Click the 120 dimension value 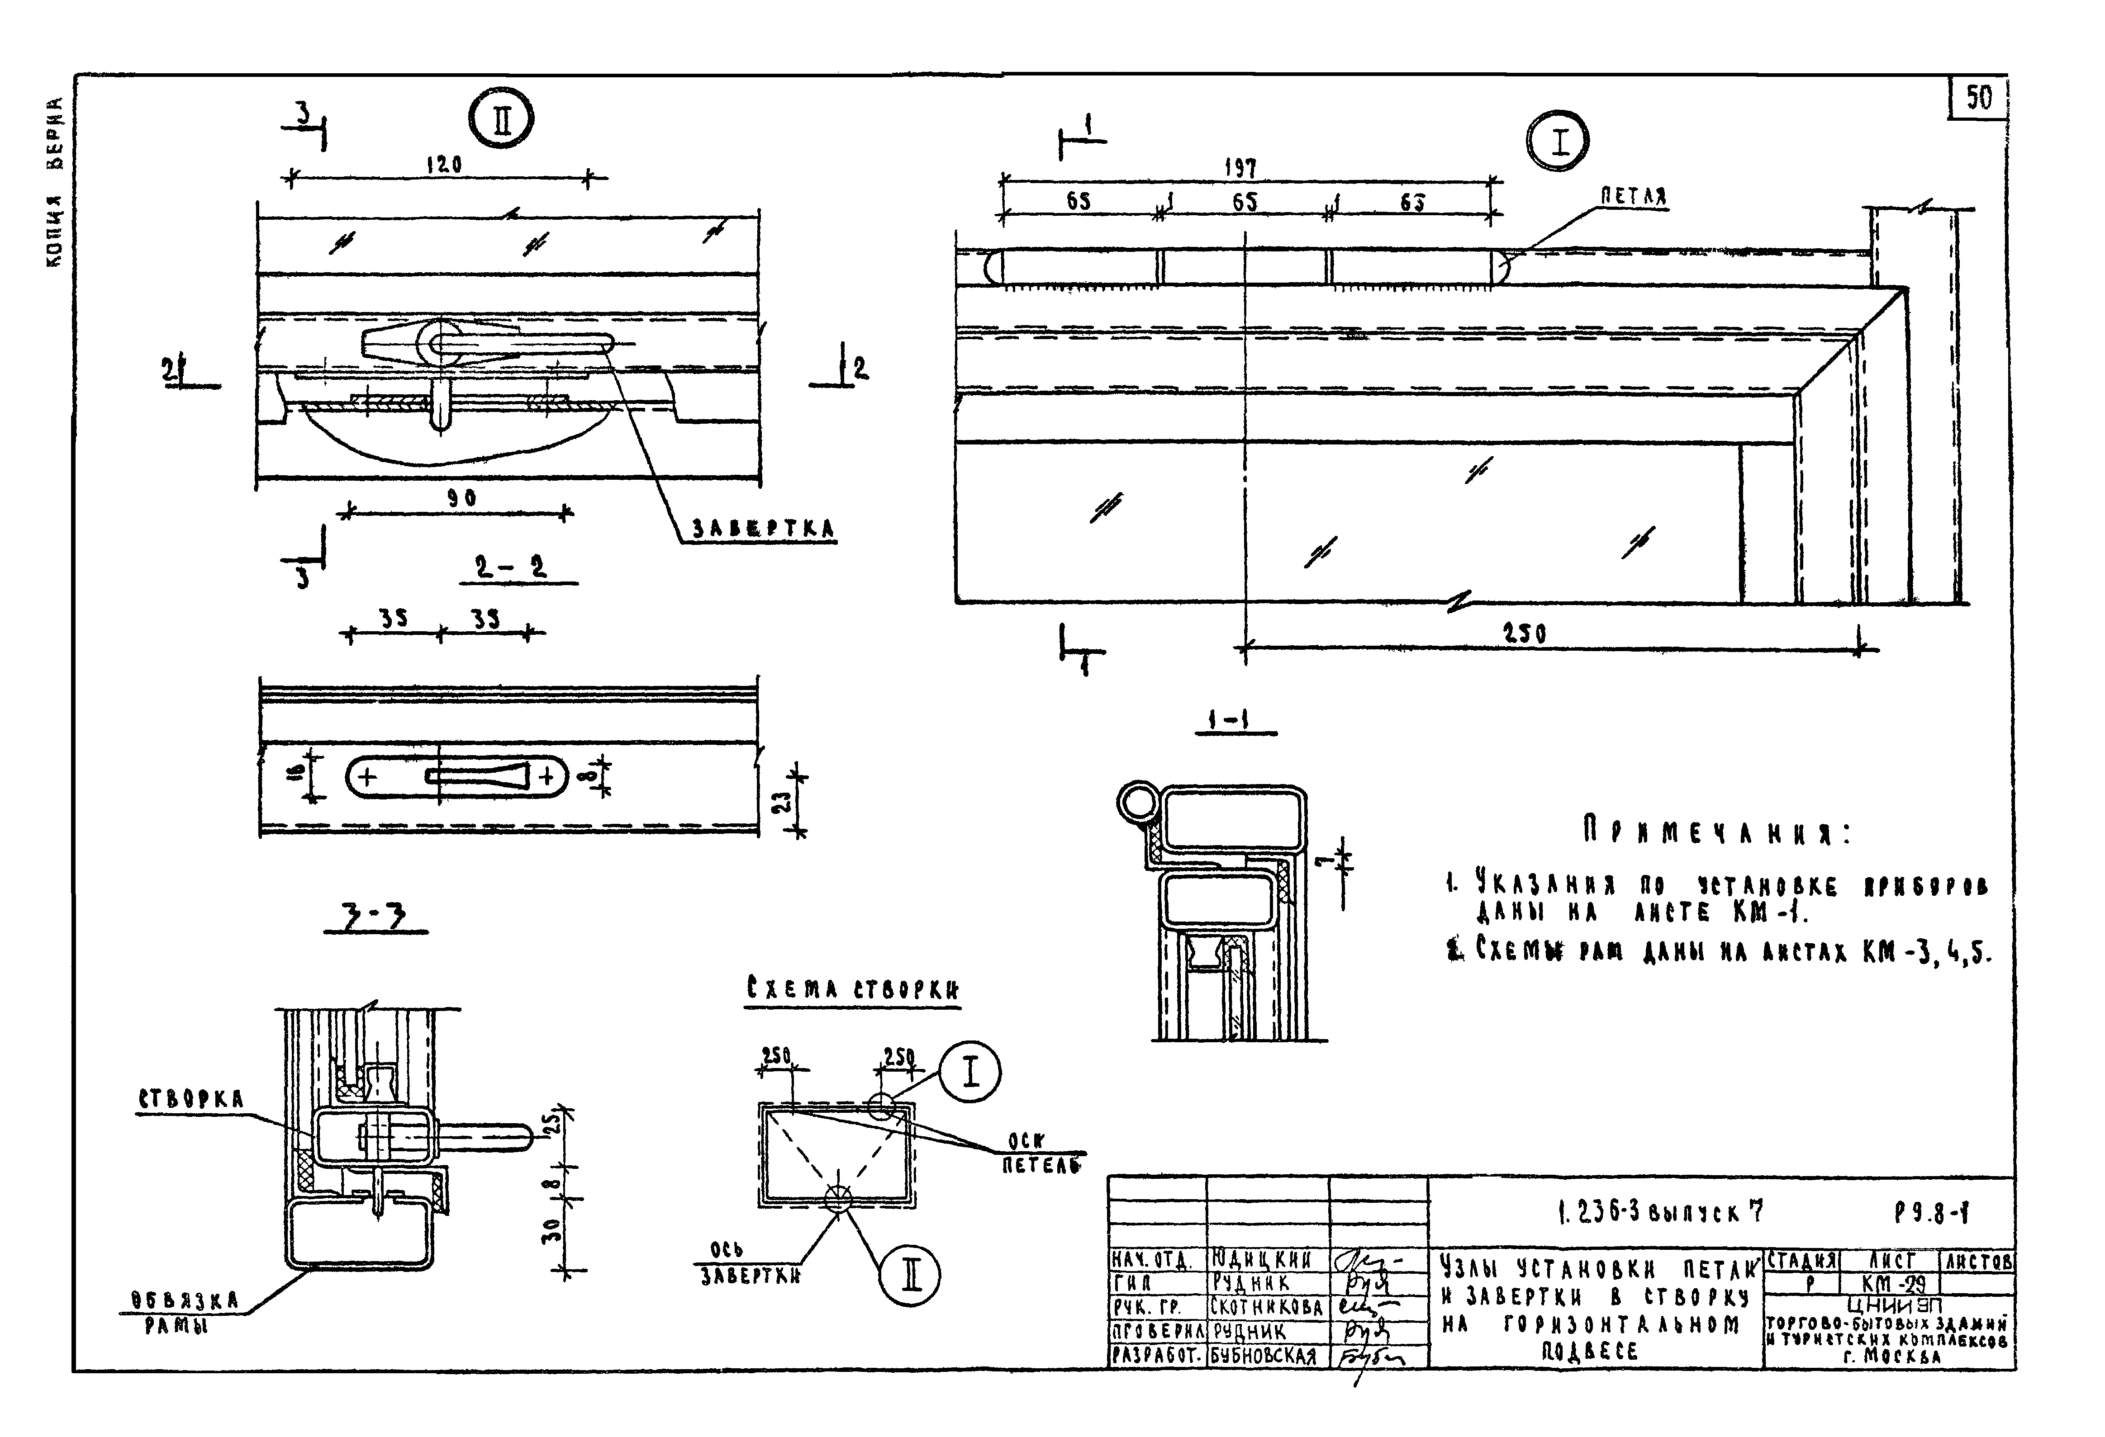coord(444,165)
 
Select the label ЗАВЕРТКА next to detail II coord(764,529)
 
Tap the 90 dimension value coord(462,498)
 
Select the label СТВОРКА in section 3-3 coord(191,1099)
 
